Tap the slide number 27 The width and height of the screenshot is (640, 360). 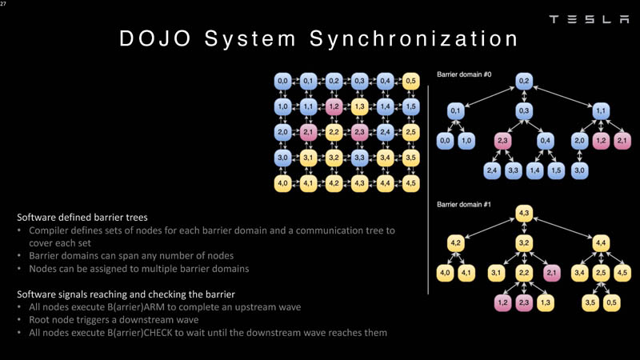pyautogui.click(x=4, y=4)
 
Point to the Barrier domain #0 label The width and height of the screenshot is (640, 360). pyautogui.click(x=464, y=74)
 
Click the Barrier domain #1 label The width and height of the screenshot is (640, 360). pyautogui.click(x=464, y=205)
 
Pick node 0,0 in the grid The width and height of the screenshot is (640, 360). pyautogui.click(x=282, y=81)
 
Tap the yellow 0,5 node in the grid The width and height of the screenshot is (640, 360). pyautogui.click(x=410, y=81)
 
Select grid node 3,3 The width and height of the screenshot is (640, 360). pyautogui.click(x=359, y=158)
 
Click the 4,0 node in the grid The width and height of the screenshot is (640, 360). pyautogui.click(x=282, y=183)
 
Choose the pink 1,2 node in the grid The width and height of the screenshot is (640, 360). pyautogui.click(x=334, y=106)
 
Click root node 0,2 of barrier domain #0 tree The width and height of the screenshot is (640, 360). pyautogui.click(x=524, y=81)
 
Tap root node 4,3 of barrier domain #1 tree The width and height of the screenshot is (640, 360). pyautogui.click(x=524, y=212)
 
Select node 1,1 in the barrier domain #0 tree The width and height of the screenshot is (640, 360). pyautogui.click(x=602, y=110)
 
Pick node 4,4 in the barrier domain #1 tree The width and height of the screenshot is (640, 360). pyautogui.click(x=602, y=242)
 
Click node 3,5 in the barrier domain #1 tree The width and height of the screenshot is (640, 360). pyautogui.click(x=590, y=302)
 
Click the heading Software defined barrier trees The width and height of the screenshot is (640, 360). pyautogui.click(x=82, y=217)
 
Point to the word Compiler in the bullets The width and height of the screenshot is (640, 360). pyautogui.click(x=50, y=230)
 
